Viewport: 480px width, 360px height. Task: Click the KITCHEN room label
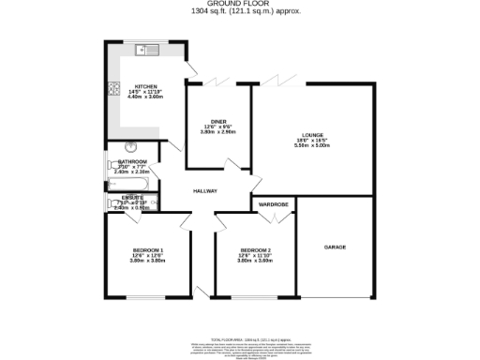[145, 86]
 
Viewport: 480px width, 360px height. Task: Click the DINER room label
[218, 122]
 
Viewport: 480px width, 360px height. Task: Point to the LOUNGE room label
[312, 133]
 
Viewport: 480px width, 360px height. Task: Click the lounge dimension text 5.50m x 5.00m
[312, 145]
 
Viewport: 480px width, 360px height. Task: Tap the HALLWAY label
[205, 191]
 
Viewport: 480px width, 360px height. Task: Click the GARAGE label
[335, 247]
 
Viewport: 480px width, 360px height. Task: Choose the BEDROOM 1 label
[147, 249]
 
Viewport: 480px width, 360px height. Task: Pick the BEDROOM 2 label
[255, 249]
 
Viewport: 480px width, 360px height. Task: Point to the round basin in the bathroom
[130, 146]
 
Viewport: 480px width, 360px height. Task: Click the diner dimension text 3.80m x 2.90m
[218, 133]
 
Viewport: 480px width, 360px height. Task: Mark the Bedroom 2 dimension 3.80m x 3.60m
[255, 261]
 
